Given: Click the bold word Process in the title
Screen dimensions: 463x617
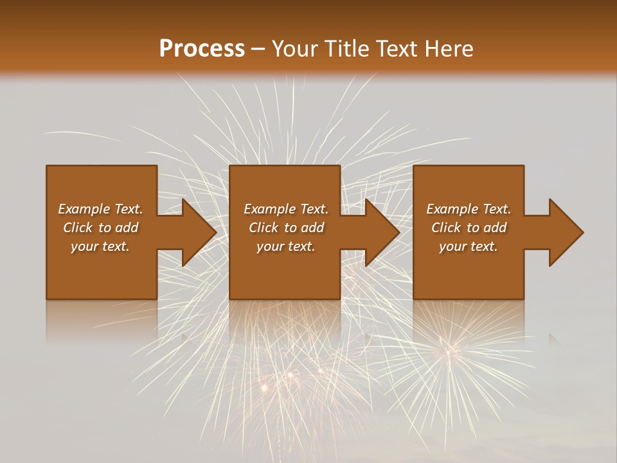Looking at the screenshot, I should (202, 49).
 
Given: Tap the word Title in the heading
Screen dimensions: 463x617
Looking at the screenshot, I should (344, 49).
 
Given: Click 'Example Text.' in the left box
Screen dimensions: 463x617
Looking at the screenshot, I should (100, 209).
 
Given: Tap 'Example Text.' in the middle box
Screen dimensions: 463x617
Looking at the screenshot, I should (286, 209).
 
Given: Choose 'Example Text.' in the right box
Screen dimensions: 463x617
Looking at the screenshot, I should (469, 209).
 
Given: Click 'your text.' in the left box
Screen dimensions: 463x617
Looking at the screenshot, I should (100, 246).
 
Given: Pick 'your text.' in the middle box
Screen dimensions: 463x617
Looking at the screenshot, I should (286, 246).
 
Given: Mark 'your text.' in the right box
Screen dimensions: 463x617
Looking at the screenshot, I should (469, 246).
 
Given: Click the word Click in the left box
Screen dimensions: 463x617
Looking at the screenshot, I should (78, 228).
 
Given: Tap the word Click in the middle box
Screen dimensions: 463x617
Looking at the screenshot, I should (264, 228).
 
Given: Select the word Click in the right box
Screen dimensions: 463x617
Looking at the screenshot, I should (446, 228).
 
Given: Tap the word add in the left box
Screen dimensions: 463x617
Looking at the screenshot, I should (126, 228).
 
